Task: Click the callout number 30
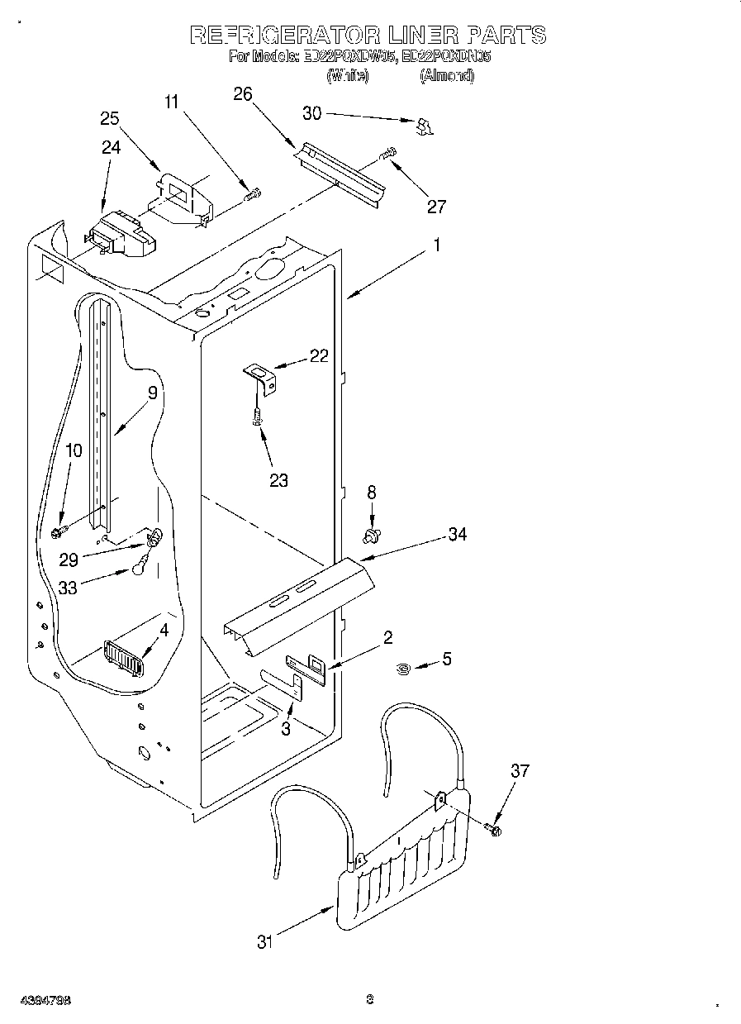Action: tap(312, 113)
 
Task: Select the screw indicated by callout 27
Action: tap(387, 153)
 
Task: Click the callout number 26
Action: tap(242, 94)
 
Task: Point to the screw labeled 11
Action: tap(253, 195)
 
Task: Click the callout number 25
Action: tap(111, 118)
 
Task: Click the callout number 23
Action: tap(278, 479)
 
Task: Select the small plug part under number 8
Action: tap(372, 536)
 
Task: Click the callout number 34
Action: tap(457, 535)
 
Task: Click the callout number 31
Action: tap(264, 941)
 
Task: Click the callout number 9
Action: tap(152, 393)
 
